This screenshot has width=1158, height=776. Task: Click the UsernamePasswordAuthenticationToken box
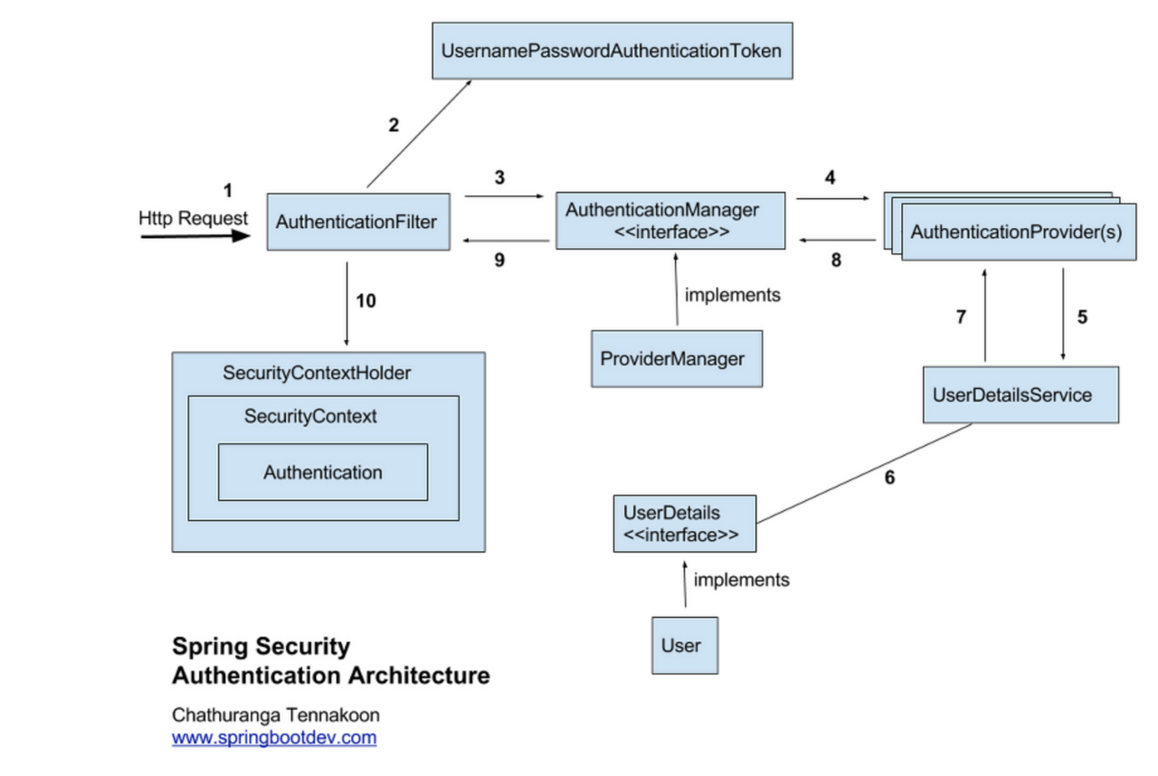pos(611,51)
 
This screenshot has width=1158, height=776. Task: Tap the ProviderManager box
pos(675,358)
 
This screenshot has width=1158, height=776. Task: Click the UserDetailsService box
pos(1020,394)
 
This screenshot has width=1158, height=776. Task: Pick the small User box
pos(684,645)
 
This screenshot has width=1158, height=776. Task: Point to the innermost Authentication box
pos(322,472)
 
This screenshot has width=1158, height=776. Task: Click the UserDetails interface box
pos(683,524)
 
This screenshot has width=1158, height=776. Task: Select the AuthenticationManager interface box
pos(669,220)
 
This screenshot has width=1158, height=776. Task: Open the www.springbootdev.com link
pos(274,737)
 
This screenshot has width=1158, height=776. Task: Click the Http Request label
pos(193,218)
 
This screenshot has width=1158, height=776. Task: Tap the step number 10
pos(365,301)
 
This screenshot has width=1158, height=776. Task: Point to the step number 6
pos(889,478)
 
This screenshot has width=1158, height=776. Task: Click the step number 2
pos(394,125)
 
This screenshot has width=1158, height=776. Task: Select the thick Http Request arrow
pos(195,236)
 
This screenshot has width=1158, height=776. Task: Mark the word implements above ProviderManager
pos(732,294)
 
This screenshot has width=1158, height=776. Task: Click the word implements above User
pos(741,579)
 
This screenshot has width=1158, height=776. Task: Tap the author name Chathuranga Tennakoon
pos(276,714)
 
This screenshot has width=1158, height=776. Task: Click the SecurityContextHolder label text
pos(316,373)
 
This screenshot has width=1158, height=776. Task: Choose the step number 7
pos(961,317)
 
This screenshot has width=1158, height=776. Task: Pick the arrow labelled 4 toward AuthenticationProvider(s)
pos(832,198)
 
